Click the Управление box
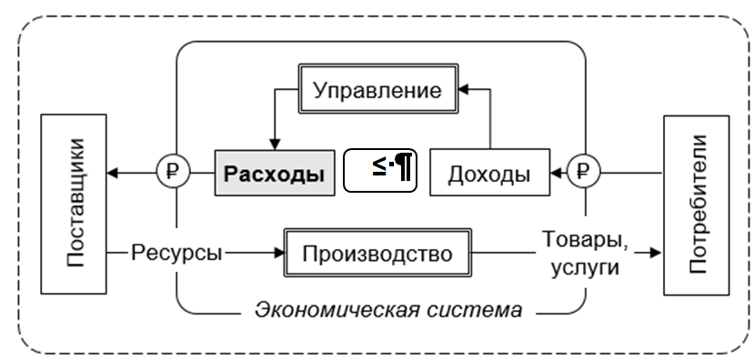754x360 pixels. (376, 91)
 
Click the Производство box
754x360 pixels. (377, 252)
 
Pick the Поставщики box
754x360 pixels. (75, 205)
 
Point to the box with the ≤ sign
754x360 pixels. (379, 170)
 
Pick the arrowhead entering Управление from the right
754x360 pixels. (462, 91)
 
